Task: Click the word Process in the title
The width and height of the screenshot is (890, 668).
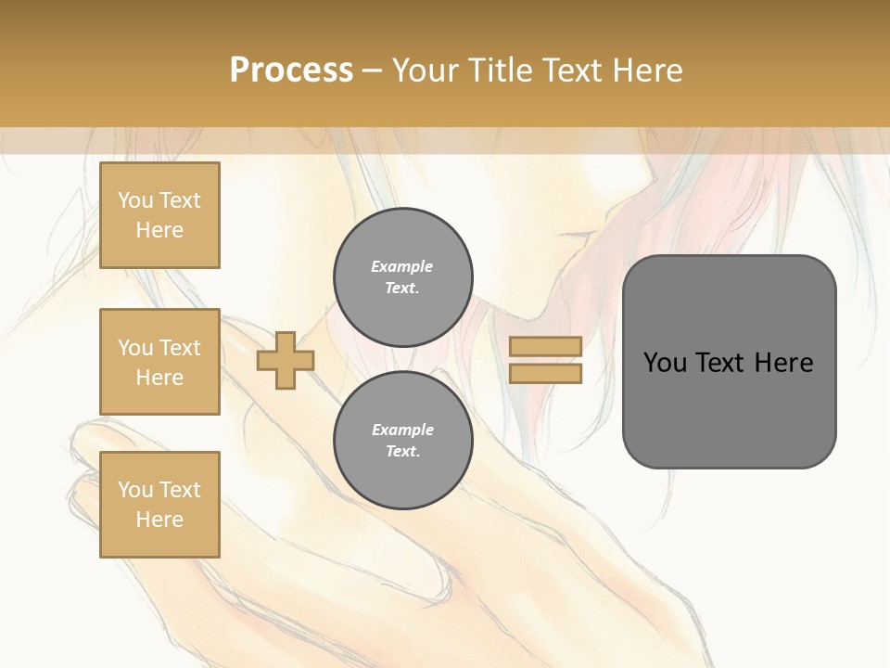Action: coord(291,71)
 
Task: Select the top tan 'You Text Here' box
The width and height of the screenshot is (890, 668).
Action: coord(159,215)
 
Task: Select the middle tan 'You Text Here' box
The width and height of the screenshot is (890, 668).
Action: coord(159,362)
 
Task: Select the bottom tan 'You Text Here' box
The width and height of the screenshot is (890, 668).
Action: coord(159,505)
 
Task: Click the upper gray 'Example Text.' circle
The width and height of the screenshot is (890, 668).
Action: coord(403,277)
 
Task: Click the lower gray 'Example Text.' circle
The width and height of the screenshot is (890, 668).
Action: coord(403,441)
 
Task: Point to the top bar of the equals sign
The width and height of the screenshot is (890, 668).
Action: coord(545,346)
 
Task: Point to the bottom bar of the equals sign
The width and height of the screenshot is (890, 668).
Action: coord(545,374)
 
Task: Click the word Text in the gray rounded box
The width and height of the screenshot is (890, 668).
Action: coord(720,363)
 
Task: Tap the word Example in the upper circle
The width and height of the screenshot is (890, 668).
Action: coord(402,266)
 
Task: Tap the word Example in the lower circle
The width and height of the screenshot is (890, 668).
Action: coord(402,430)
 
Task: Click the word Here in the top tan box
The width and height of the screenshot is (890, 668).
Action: coord(159,230)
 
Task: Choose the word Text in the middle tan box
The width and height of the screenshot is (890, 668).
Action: coord(179,348)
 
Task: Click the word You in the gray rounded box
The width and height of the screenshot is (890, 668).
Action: coord(665,363)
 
